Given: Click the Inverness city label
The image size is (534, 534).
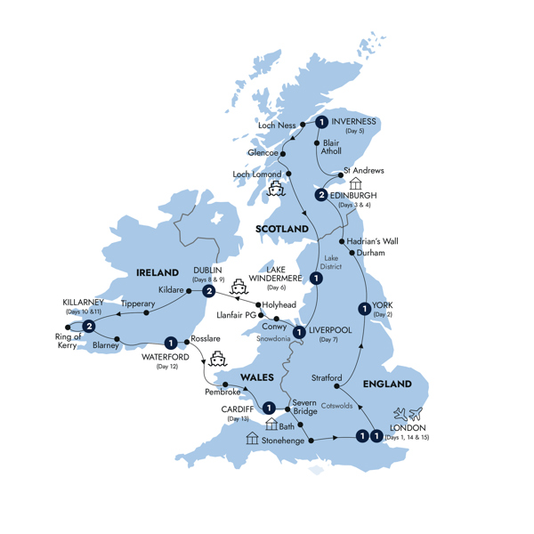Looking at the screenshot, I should tap(353, 121).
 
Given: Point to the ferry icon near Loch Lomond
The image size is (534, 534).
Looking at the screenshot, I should tap(276, 189).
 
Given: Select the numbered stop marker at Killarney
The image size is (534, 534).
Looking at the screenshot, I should tap(88, 328).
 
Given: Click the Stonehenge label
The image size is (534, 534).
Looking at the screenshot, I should tap(283, 440).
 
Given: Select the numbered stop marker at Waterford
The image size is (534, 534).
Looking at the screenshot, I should tap(169, 342).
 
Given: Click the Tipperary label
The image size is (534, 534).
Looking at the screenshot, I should tap(137, 303).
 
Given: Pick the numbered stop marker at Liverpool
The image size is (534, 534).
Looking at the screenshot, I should tap(300, 333).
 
